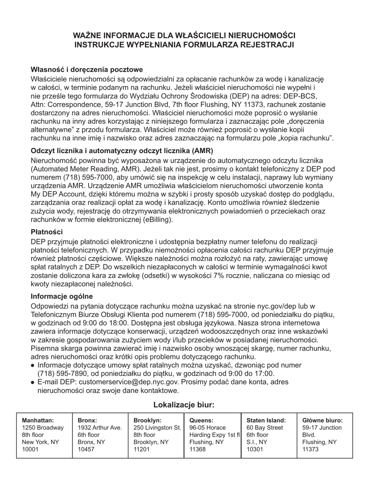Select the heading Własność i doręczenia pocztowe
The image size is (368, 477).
[x=87, y=70]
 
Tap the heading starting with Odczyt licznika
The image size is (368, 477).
[x=122, y=151]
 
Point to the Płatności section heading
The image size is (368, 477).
[x=46, y=232]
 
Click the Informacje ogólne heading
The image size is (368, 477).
[x=62, y=297]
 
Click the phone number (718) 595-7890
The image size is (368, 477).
[x=64, y=373]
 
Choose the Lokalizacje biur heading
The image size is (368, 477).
[x=184, y=405]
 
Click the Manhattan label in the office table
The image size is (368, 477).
[x=38, y=420]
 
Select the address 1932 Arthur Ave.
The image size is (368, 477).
[x=100, y=428]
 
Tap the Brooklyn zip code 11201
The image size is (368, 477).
[x=142, y=450]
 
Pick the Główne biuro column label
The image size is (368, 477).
[x=322, y=420]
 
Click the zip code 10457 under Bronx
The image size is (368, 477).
[x=86, y=450]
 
